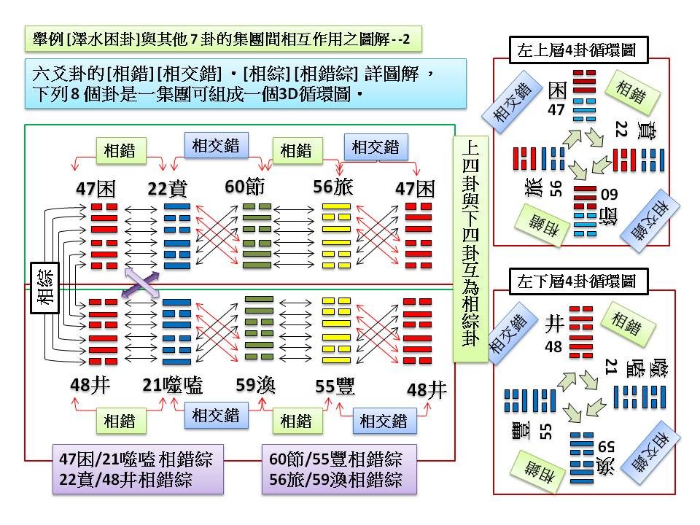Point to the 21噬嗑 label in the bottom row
(173, 386)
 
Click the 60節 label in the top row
(244, 187)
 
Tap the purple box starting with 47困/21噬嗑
(136, 469)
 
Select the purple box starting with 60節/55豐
(335, 469)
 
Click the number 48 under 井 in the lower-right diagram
(553, 346)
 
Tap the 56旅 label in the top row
(332, 187)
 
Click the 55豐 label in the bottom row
(335, 387)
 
